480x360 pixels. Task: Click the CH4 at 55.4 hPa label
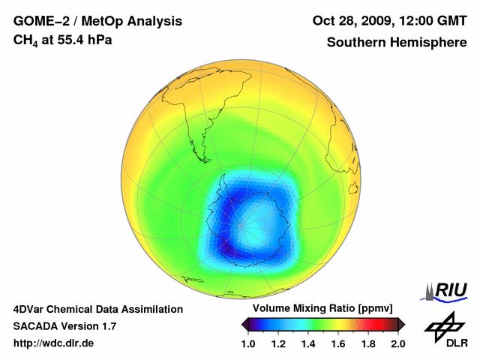click(63, 40)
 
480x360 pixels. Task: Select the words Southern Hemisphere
click(396, 42)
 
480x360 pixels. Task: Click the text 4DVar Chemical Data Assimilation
click(97, 309)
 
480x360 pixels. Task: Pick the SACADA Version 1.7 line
click(64, 326)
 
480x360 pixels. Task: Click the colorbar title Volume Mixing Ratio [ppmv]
click(319, 308)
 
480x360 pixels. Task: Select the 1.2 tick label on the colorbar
click(278, 343)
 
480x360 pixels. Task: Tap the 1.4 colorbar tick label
click(308, 343)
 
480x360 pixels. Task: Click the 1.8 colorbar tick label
click(367, 343)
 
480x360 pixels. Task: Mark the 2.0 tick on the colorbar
click(397, 343)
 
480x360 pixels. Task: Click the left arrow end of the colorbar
click(245, 324)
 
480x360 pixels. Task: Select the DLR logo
click(446, 331)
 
